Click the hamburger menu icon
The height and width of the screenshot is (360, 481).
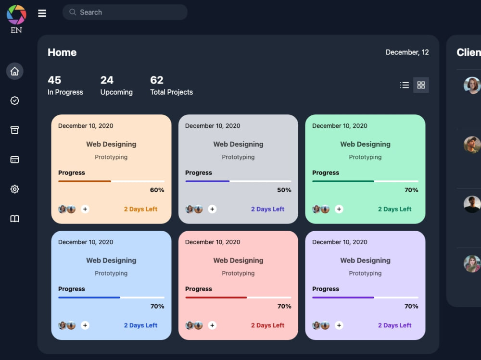coord(42,13)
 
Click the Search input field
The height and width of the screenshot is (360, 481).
coord(125,12)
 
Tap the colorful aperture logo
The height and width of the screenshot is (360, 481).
coord(16,15)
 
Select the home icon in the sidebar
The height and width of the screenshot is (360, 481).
coord(15,71)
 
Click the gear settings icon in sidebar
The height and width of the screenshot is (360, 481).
coord(15,189)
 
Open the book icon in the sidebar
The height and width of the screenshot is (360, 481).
coord(15,218)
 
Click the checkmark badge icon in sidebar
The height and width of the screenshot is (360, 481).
coord(15,100)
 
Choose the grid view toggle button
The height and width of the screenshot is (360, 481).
coord(421,85)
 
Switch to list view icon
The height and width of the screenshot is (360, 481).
coord(405,85)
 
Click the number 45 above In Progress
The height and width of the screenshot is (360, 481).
coord(54,80)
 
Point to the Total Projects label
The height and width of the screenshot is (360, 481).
coord(172,92)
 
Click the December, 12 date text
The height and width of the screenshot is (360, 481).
coord(407,52)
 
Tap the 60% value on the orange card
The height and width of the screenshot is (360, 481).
coord(157,190)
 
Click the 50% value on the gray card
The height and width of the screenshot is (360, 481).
coord(284,190)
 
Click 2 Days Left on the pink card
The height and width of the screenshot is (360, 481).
coord(267,325)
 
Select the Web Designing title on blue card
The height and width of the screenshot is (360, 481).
coord(111,261)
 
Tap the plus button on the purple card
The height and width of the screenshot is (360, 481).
coord(339,325)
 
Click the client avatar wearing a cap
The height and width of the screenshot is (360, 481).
coord(472,145)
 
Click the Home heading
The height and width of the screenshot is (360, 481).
coord(62,52)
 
